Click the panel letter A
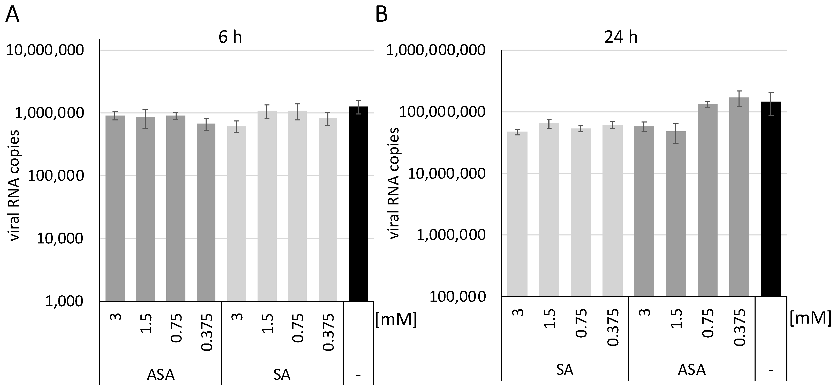[x=12, y=14]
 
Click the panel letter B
[x=382, y=14]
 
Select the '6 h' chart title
[x=230, y=37]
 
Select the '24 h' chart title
[x=621, y=37]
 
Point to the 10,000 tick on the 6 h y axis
[x=60, y=239]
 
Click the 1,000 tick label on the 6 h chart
[x=64, y=301]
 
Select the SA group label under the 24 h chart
[x=565, y=370]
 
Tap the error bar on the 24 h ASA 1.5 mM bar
[x=676, y=133]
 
